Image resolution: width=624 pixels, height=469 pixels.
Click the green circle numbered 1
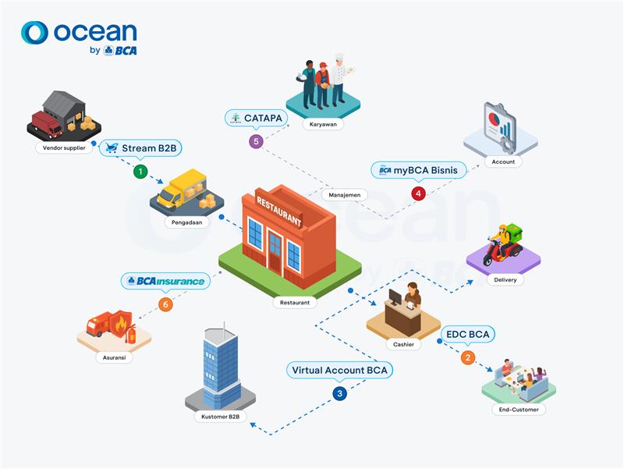140,170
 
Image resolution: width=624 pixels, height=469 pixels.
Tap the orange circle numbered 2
468,358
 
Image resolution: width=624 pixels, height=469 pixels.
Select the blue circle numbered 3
339,394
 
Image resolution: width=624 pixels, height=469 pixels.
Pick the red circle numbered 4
419,193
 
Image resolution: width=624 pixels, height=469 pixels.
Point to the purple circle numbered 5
255,141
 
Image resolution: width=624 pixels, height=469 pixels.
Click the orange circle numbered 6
164,304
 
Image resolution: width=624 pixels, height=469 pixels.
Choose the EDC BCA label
468,335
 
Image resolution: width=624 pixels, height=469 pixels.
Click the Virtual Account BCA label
339,370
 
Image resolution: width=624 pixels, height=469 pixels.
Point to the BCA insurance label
165,281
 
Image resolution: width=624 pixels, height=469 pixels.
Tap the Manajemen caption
343,194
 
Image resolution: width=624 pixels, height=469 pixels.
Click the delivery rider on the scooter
505,245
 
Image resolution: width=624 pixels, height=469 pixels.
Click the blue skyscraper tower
219,363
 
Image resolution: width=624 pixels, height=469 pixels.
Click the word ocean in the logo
95,32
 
